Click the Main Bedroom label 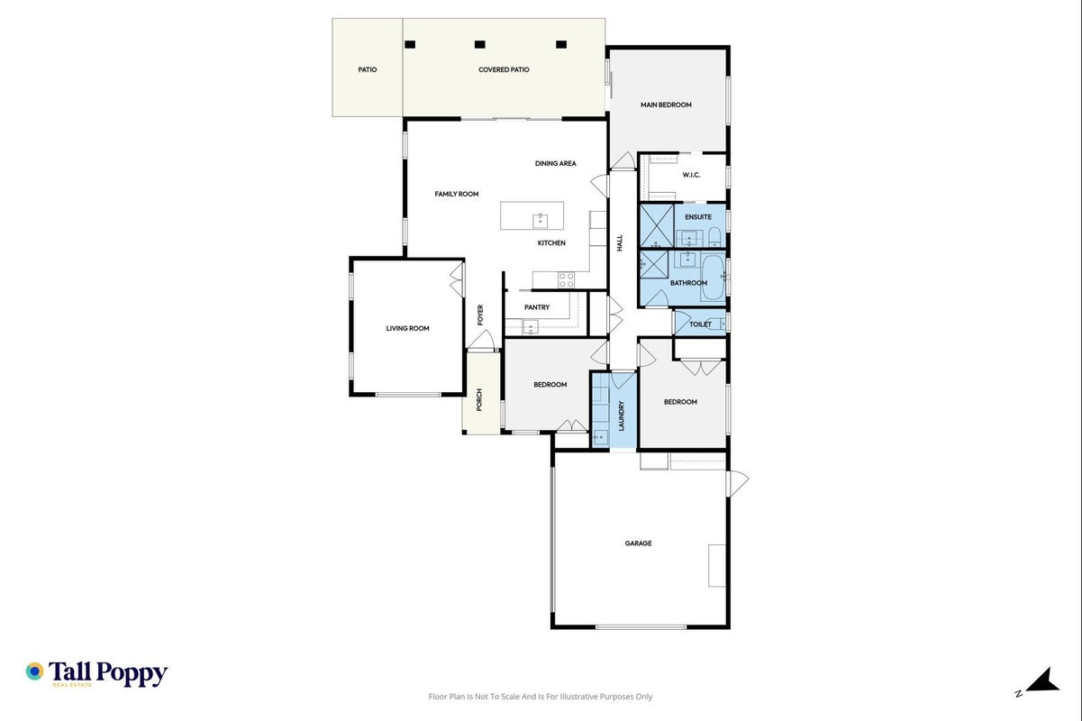pyautogui.click(x=666, y=105)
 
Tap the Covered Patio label pyautogui.click(x=504, y=69)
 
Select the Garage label pyautogui.click(x=638, y=543)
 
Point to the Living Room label pyautogui.click(x=407, y=329)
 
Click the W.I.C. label pyautogui.click(x=691, y=175)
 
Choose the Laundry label pyautogui.click(x=622, y=415)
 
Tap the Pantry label pyautogui.click(x=537, y=307)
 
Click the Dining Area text pyautogui.click(x=556, y=163)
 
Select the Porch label pyautogui.click(x=479, y=399)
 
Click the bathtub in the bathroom pyautogui.click(x=713, y=278)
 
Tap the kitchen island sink pyautogui.click(x=540, y=221)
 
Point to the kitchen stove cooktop pyautogui.click(x=566, y=279)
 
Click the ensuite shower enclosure pyautogui.click(x=657, y=225)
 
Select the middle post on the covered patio pyautogui.click(x=479, y=44)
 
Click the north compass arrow pyautogui.click(x=1043, y=680)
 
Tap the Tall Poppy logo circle pyautogui.click(x=35, y=671)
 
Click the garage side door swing pyautogui.click(x=738, y=483)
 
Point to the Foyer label pyautogui.click(x=480, y=315)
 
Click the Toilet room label pyautogui.click(x=700, y=324)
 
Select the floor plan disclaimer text pyautogui.click(x=541, y=697)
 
